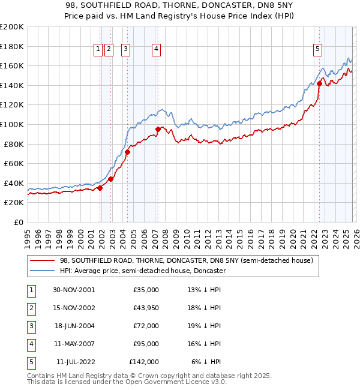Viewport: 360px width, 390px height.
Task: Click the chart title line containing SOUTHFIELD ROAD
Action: (180, 5)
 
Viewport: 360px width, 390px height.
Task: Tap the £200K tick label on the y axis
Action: (12, 26)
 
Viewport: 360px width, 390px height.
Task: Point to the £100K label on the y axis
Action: (12, 124)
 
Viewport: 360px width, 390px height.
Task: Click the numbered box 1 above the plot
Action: (97, 50)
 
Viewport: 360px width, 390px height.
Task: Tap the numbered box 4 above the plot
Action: (156, 50)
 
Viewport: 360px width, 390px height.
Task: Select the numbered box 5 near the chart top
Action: (317, 50)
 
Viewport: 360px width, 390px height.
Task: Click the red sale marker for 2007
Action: (158, 129)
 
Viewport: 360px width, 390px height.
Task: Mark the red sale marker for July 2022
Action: (319, 83)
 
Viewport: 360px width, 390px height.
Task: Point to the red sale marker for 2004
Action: (127, 152)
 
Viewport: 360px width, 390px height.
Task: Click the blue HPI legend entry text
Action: (142, 271)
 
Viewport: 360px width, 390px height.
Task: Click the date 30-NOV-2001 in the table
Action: (73, 289)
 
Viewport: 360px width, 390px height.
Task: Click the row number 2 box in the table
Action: (31, 307)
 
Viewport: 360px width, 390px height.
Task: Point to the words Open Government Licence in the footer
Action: (180, 382)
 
